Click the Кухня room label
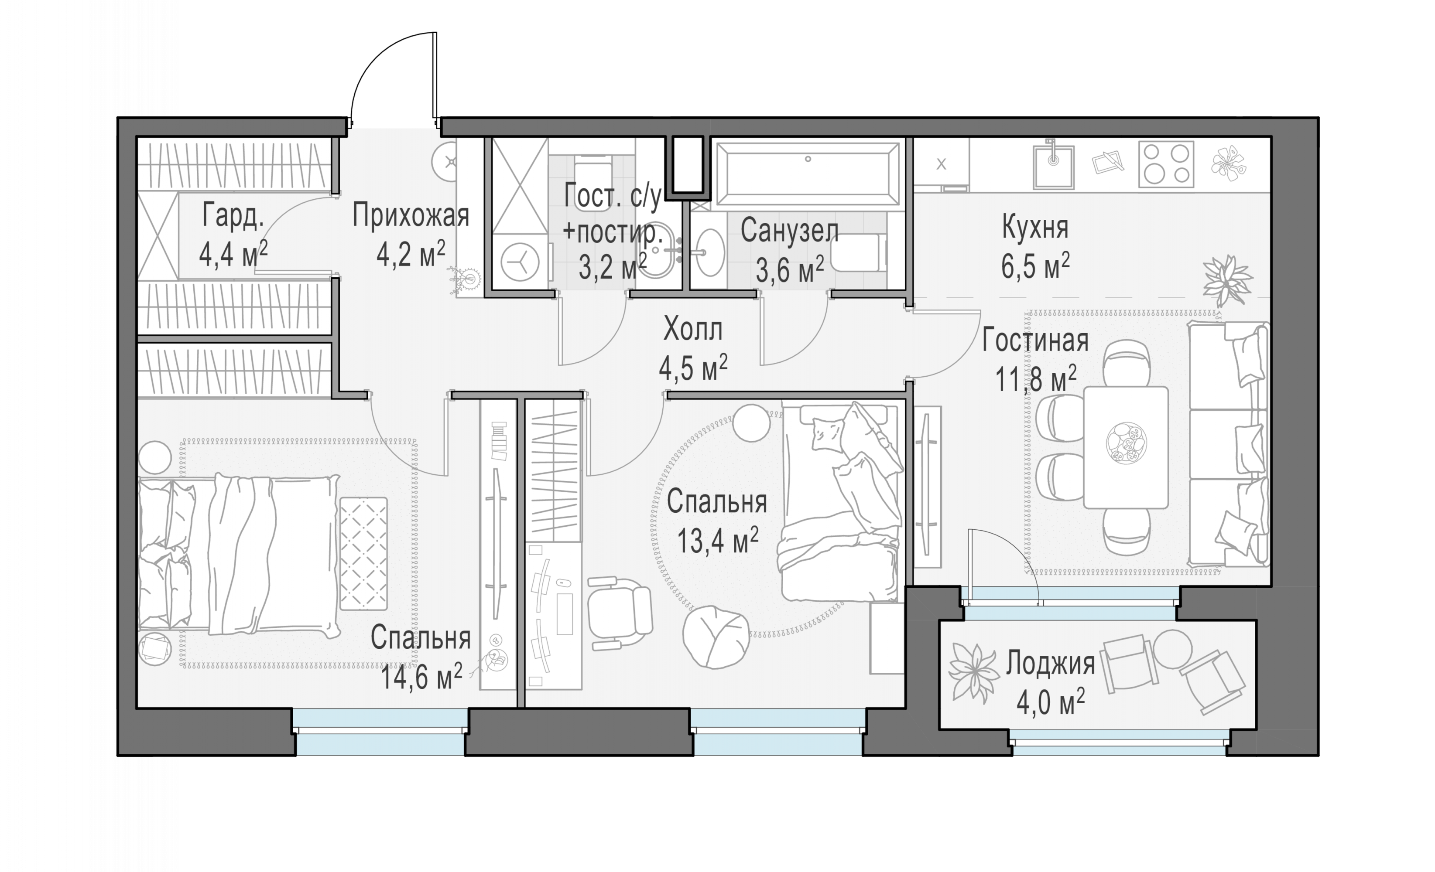tap(1035, 227)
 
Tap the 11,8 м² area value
tap(1035, 379)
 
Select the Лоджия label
tap(1050, 664)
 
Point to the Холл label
tap(693, 330)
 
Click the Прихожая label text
tap(411, 215)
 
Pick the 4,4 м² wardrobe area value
tap(233, 253)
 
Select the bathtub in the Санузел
tap(808, 174)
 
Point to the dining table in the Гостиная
tap(1126, 447)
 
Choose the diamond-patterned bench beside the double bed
tap(363, 554)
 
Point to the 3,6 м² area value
tap(790, 269)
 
